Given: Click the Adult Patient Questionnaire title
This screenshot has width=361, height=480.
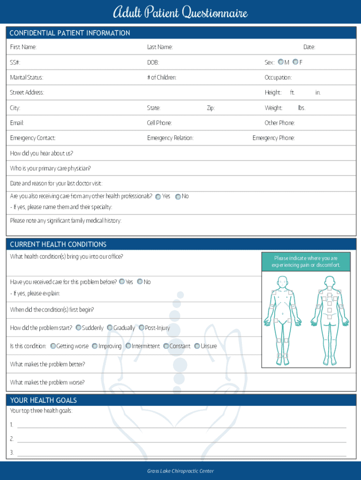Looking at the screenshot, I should click(180, 12).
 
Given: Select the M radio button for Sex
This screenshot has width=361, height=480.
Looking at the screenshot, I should click(280, 62).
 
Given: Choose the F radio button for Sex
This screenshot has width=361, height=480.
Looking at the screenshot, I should click(295, 62).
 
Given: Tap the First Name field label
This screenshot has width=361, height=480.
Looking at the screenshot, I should click(23, 47).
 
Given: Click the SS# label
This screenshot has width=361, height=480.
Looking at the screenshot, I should click(15, 62).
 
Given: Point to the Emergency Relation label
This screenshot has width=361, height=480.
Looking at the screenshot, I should click(170, 138).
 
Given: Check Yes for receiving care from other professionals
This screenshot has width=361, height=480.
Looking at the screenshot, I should click(158, 197).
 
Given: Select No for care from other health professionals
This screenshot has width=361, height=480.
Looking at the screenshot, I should click(178, 197).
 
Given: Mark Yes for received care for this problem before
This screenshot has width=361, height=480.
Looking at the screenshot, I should click(122, 282).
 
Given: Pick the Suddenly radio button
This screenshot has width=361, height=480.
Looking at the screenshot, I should click(78, 328).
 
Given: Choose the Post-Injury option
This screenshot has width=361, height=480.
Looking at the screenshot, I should click(141, 328).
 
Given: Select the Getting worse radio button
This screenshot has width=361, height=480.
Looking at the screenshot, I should click(53, 346).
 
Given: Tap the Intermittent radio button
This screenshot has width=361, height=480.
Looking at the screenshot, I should click(128, 346).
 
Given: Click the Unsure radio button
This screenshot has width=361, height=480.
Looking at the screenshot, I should click(197, 346).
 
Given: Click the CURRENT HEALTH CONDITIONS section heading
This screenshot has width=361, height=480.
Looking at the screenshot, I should click(58, 244).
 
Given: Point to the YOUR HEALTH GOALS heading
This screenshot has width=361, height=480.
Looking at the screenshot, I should click(43, 400).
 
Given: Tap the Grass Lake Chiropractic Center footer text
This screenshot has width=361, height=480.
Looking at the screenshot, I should click(180, 471).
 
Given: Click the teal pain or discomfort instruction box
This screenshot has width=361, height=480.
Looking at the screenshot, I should click(306, 262).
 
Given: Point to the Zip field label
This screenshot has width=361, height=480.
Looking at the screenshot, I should click(211, 108).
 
